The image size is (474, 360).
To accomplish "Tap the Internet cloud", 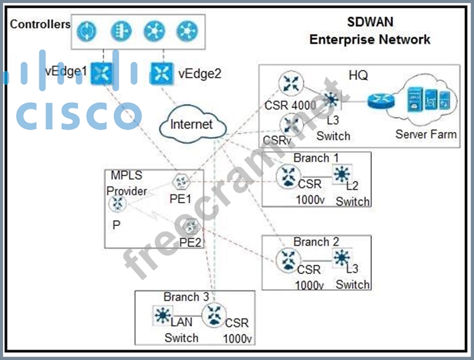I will pyautogui.click(x=192, y=124).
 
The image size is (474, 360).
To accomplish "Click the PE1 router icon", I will pyautogui.click(x=180, y=182).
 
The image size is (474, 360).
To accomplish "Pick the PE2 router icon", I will pyautogui.click(x=190, y=226).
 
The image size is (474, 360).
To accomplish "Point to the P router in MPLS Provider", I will pyautogui.click(x=117, y=204).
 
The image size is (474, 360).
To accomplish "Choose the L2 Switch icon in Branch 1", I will pyautogui.click(x=342, y=174).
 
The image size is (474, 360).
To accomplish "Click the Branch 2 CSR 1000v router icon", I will pyautogui.click(x=287, y=261).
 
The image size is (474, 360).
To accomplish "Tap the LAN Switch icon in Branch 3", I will pyautogui.click(x=162, y=315).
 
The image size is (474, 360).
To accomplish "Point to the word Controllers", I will pyautogui.click(x=40, y=25).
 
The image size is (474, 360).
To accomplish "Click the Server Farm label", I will pyautogui.click(x=425, y=134).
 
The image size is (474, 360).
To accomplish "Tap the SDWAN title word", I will pyautogui.click(x=370, y=22).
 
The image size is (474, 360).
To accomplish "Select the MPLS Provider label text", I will pyautogui.click(x=126, y=183).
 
